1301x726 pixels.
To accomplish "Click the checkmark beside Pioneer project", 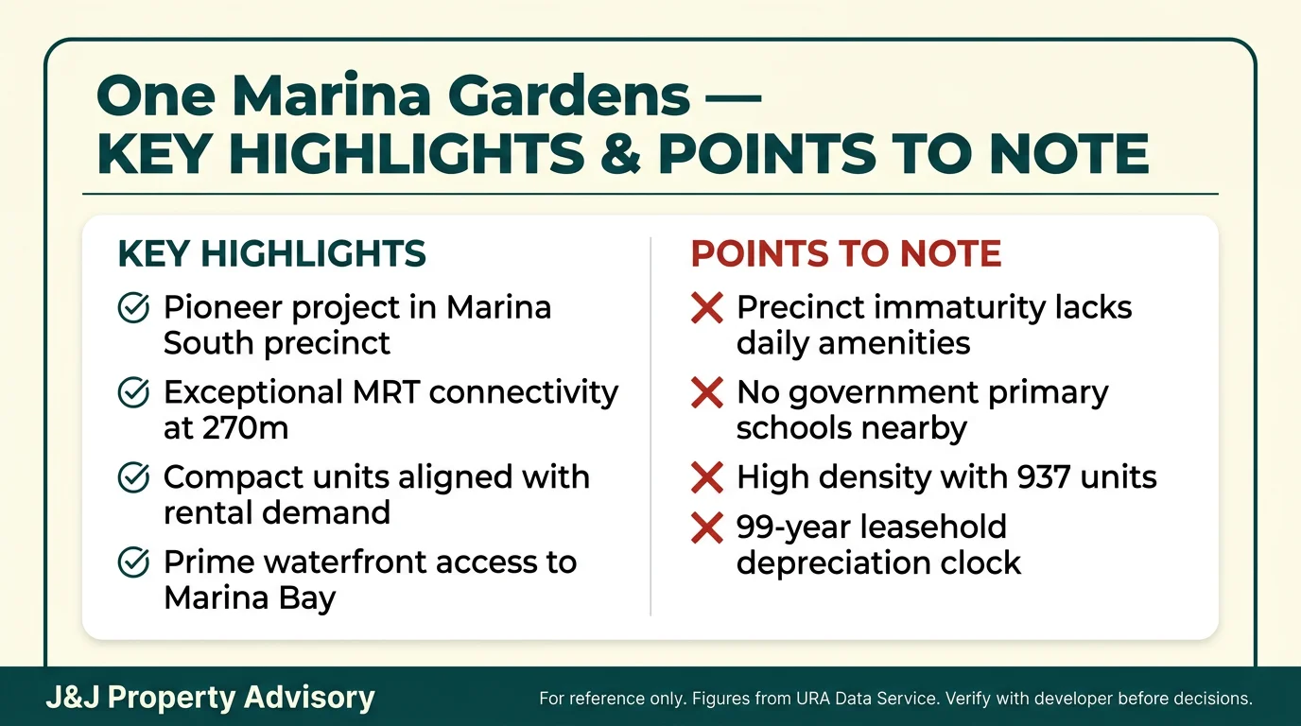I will pyautogui.click(x=132, y=308).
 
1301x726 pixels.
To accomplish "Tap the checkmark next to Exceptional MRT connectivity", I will pyautogui.click(x=132, y=393).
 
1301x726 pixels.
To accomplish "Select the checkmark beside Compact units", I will pyautogui.click(x=132, y=478).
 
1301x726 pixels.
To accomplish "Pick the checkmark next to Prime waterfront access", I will pyautogui.click(x=132, y=563).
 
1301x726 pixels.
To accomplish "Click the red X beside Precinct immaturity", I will pyautogui.click(x=707, y=308).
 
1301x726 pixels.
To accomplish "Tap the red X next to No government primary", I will pyautogui.click(x=707, y=393).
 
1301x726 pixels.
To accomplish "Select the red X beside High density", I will pyautogui.click(x=707, y=478).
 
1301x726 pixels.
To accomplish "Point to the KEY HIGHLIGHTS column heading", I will pyautogui.click(x=271, y=254).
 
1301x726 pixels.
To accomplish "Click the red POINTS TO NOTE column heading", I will pyautogui.click(x=846, y=254).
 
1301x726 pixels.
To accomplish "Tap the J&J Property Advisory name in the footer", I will pyautogui.click(x=210, y=698).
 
